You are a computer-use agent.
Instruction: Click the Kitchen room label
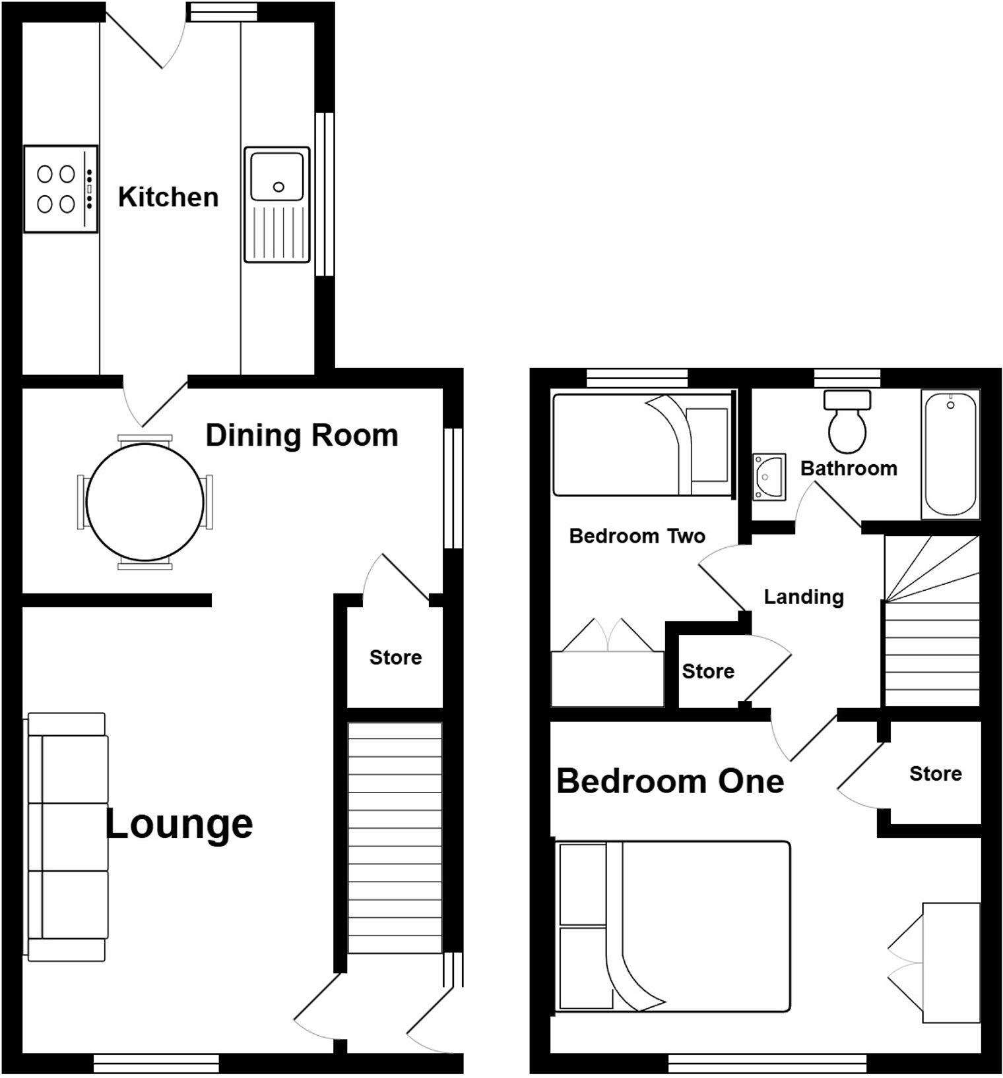[168, 197]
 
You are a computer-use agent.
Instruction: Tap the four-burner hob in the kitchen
[60, 189]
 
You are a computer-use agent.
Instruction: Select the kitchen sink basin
[277, 176]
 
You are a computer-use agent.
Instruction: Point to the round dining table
[145, 502]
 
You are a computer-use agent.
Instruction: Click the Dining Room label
[302, 436]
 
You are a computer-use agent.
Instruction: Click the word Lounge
[179, 824]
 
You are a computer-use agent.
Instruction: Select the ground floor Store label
[395, 657]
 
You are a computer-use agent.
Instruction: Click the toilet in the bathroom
[847, 422]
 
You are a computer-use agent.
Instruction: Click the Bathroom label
[849, 469]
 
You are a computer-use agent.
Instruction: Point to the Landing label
[804, 597]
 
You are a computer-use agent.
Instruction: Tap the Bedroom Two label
[637, 536]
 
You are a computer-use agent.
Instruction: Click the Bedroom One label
[670, 781]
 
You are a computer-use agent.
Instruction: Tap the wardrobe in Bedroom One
[950, 963]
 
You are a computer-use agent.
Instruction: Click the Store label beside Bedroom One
[935, 773]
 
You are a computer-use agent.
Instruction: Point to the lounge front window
[156, 1063]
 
